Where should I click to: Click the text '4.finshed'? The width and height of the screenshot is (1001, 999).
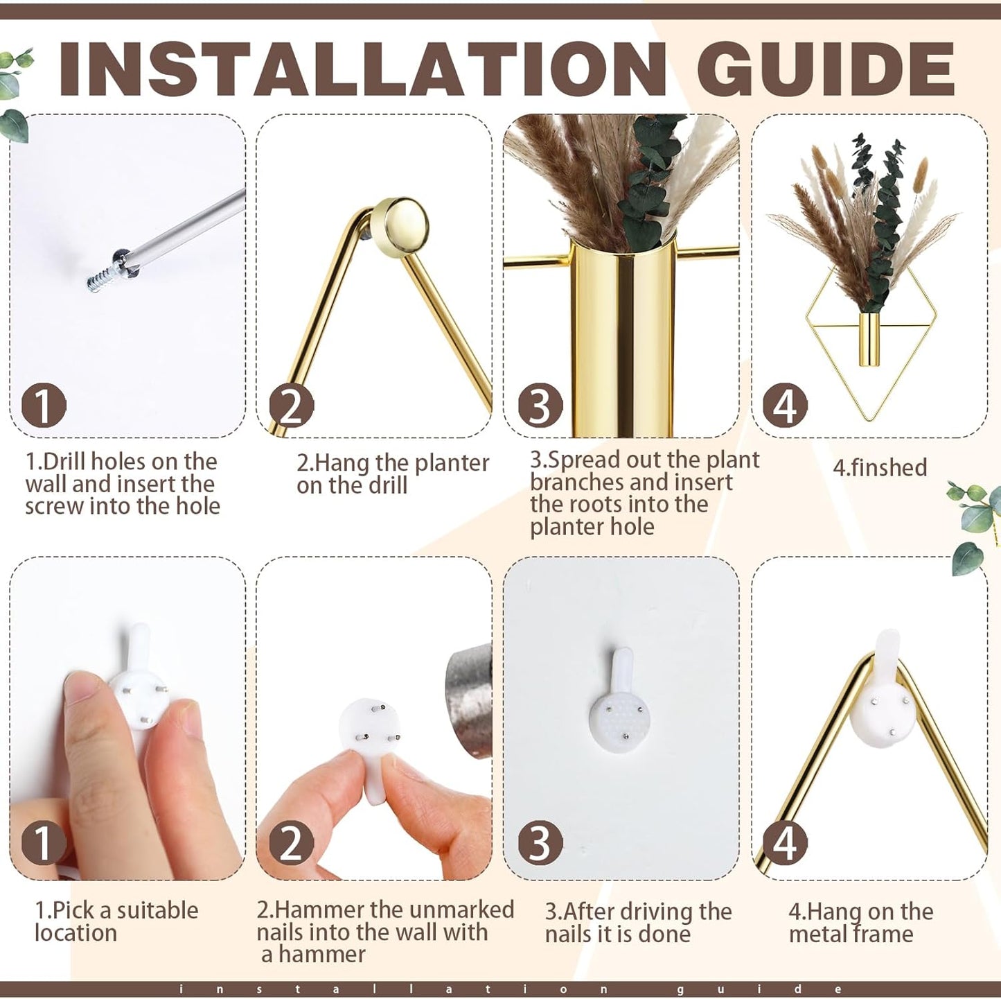tap(880, 467)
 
